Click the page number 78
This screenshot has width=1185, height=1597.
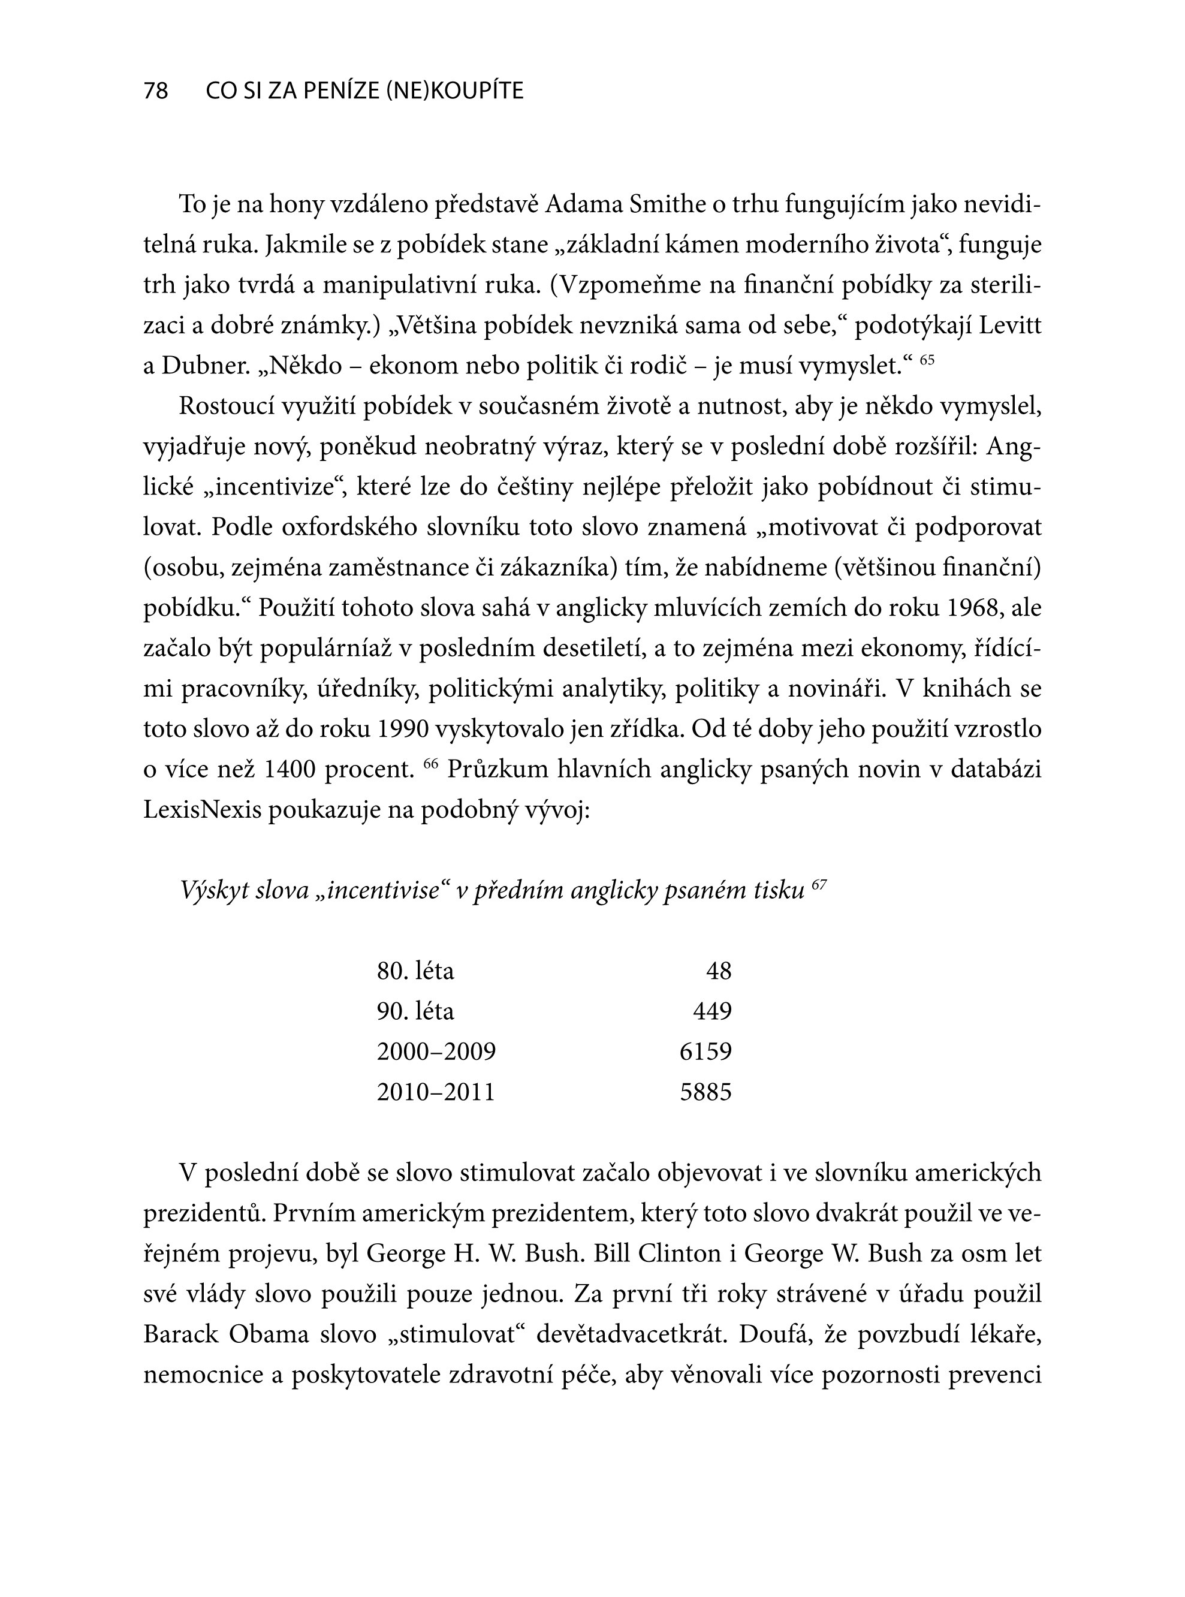[156, 91]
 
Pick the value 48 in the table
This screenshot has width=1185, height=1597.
[719, 971]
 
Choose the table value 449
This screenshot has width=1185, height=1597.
[712, 1011]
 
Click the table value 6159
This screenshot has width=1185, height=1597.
[706, 1051]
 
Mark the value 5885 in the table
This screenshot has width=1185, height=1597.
[706, 1092]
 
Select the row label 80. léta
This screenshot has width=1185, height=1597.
[415, 971]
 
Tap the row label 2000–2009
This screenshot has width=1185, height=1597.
[436, 1051]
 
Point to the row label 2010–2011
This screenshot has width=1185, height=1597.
[436, 1092]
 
